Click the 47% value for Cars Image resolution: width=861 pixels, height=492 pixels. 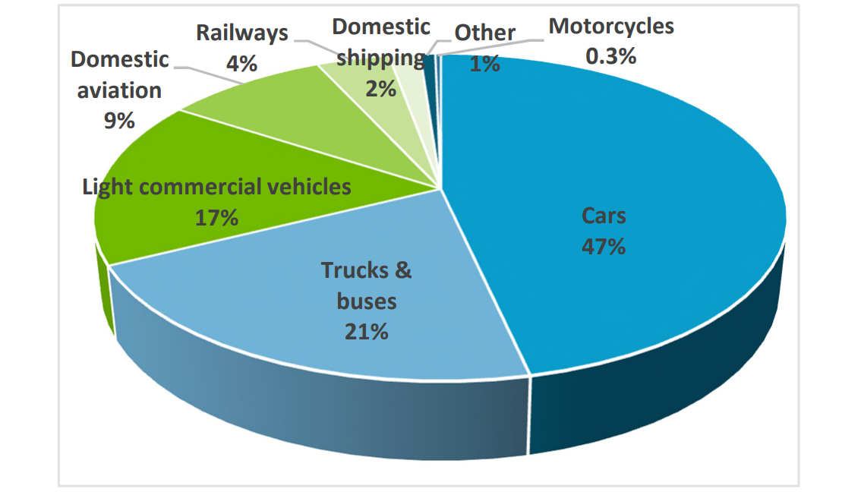604,246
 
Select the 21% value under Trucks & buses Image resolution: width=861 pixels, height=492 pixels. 366,331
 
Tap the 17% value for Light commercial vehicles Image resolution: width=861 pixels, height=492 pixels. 216,218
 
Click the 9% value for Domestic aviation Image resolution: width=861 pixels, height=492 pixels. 119,120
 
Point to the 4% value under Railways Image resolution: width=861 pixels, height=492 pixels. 241,63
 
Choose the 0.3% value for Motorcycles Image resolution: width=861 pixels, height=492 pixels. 610,55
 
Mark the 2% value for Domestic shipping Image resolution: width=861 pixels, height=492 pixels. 380,88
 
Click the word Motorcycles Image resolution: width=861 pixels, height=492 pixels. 611,26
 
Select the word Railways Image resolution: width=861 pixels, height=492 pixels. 242,33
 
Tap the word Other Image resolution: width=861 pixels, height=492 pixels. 485,33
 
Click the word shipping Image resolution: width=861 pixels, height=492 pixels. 380,58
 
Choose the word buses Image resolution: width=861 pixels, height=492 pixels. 366,301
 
